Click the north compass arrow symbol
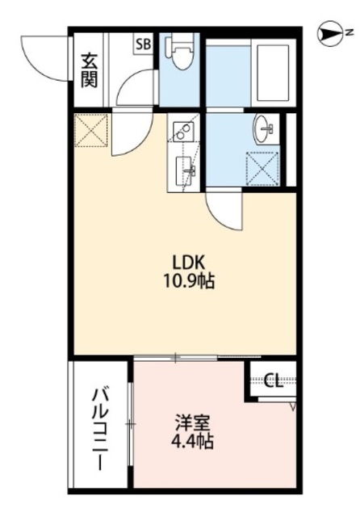tap(332, 33)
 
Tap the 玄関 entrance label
tap(87, 70)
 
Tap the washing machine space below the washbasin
tap(263, 166)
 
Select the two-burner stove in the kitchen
tap(182, 129)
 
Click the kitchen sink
tap(185, 170)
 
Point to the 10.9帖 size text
tap(192, 283)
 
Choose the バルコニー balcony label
tap(100, 428)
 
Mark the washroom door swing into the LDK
tap(223, 212)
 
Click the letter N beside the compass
tap(350, 33)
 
